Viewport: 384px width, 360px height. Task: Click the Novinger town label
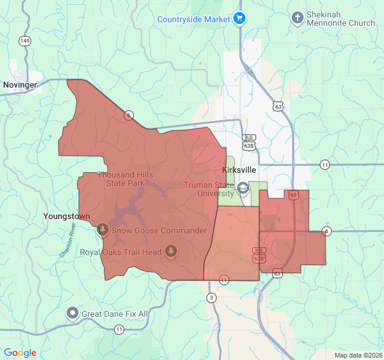tap(20, 85)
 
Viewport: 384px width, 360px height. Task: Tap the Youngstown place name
tap(67, 216)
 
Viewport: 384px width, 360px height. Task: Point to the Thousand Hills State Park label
tap(125, 179)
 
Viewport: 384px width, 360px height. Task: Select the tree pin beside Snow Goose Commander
tap(102, 230)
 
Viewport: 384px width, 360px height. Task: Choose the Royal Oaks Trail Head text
tap(121, 252)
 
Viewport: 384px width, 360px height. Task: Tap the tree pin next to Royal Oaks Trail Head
tap(171, 250)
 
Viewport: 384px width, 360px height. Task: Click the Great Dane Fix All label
tap(115, 314)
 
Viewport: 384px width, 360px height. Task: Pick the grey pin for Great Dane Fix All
tap(73, 313)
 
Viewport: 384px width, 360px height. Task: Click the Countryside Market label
tap(194, 19)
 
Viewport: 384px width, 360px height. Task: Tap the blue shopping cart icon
tap(239, 19)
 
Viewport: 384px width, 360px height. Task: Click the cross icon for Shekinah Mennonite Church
tap(298, 18)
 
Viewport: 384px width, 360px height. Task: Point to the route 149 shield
tap(25, 41)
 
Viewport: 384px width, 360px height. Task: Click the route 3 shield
tap(211, 298)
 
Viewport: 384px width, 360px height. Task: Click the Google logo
tap(20, 353)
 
